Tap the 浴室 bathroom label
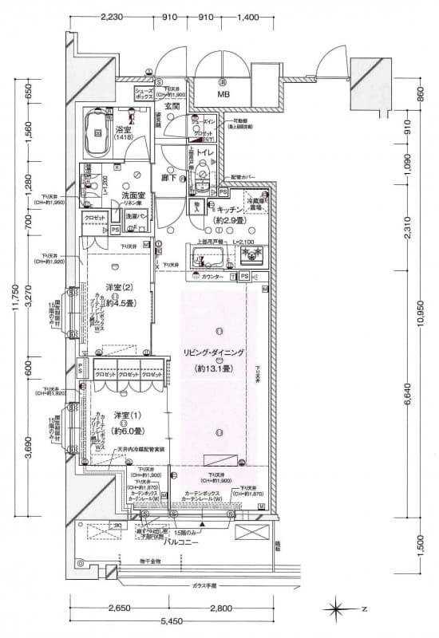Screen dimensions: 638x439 point(124,130)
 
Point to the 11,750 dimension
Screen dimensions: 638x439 point(10,316)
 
